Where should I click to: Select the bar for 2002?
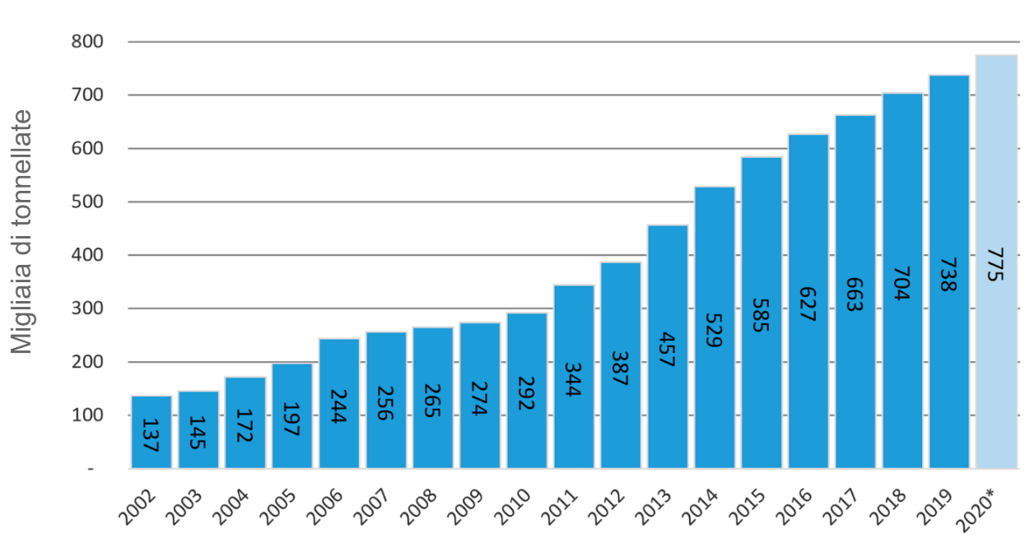click(151, 432)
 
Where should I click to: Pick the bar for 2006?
click(339, 403)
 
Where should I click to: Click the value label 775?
click(995, 263)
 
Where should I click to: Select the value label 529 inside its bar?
click(714, 329)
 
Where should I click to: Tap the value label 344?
click(573, 378)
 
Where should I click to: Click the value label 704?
click(902, 281)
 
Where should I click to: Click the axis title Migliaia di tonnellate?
click(22, 232)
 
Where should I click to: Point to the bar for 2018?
click(902, 281)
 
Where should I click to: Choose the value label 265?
click(432, 398)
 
